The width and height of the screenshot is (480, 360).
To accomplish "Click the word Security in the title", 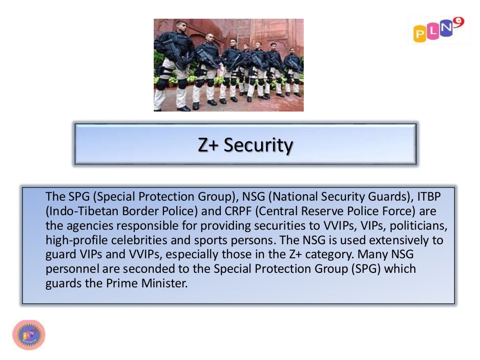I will pos(258,145).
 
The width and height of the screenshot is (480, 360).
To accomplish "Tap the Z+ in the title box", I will pos(208,145).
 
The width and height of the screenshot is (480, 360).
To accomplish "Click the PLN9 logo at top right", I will pos(439,30).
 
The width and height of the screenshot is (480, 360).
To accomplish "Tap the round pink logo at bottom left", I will pos(29,335).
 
